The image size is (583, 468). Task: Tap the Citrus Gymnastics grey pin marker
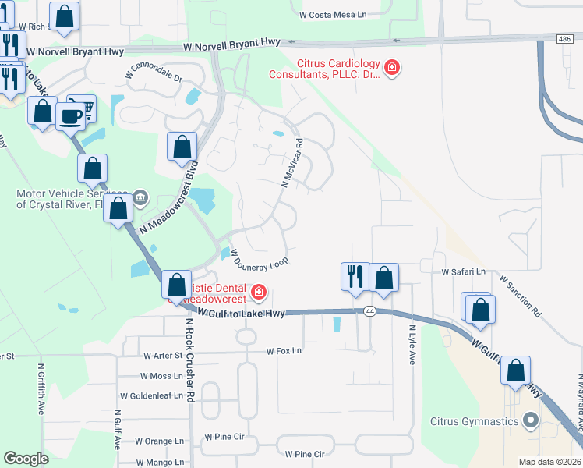532,421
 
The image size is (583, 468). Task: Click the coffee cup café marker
70,116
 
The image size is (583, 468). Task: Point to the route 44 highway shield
369,311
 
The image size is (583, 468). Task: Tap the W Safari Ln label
463,272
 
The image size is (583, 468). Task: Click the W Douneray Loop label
260,257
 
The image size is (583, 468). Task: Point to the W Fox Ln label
283,351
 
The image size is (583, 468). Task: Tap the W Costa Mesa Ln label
333,14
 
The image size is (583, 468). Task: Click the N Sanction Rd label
520,294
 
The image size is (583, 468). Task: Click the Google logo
26,459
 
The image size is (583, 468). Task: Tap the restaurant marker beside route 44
355,276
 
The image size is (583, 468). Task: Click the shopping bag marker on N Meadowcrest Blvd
182,147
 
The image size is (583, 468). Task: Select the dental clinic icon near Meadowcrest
258,294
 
